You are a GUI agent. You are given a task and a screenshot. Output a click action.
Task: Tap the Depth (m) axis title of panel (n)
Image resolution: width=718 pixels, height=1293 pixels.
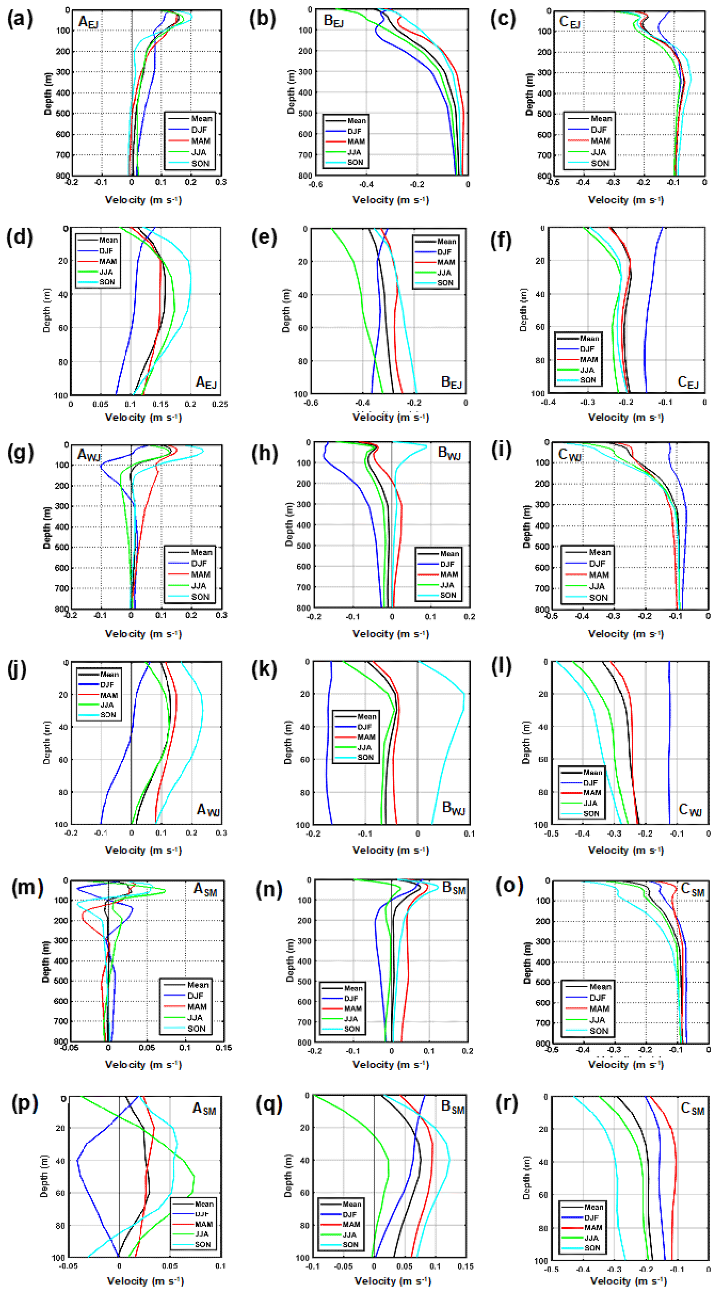[290, 960]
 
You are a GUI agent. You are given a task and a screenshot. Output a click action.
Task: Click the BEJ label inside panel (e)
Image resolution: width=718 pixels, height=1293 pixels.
[451, 382]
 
